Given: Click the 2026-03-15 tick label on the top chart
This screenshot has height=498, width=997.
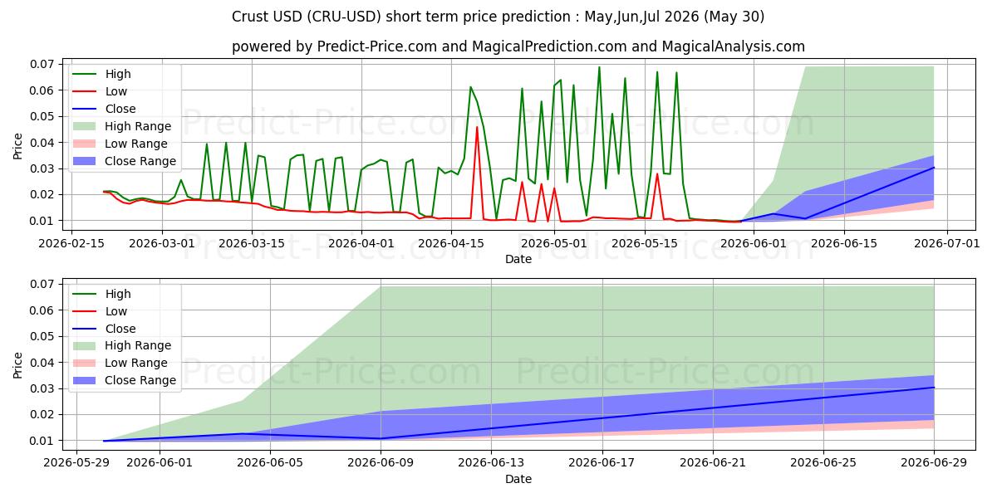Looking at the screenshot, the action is click(x=252, y=244).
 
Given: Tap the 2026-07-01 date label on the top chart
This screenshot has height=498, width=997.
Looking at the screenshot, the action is click(x=947, y=244).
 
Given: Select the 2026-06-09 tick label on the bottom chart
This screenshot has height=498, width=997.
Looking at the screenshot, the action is click(x=381, y=463).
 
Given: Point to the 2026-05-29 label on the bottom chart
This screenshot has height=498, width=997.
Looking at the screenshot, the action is click(x=76, y=463).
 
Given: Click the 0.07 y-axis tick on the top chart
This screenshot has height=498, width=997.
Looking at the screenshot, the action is click(x=42, y=64).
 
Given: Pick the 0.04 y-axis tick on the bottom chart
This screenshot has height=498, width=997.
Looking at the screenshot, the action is click(x=42, y=363).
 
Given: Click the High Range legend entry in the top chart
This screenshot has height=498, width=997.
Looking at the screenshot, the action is click(x=121, y=126).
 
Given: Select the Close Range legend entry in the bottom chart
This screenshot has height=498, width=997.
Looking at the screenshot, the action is click(x=124, y=380).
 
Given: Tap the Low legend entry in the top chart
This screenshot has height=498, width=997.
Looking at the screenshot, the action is click(x=100, y=91).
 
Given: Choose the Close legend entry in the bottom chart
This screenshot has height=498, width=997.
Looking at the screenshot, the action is click(x=104, y=329).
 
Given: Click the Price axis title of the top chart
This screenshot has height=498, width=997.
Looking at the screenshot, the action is click(x=17, y=146).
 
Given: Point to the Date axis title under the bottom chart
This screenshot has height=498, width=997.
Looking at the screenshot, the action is click(x=518, y=479).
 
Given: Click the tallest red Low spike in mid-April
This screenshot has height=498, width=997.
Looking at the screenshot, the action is click(x=477, y=127).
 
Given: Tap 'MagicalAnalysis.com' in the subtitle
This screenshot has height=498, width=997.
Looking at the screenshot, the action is click(x=734, y=46).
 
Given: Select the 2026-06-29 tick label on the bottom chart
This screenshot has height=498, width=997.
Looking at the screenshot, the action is click(x=934, y=463).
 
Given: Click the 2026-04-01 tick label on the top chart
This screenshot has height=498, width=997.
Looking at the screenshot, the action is click(x=361, y=244).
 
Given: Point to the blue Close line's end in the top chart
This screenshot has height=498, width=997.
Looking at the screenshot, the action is click(x=933, y=168).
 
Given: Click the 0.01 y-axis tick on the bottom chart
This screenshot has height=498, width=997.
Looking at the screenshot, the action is click(x=42, y=441).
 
